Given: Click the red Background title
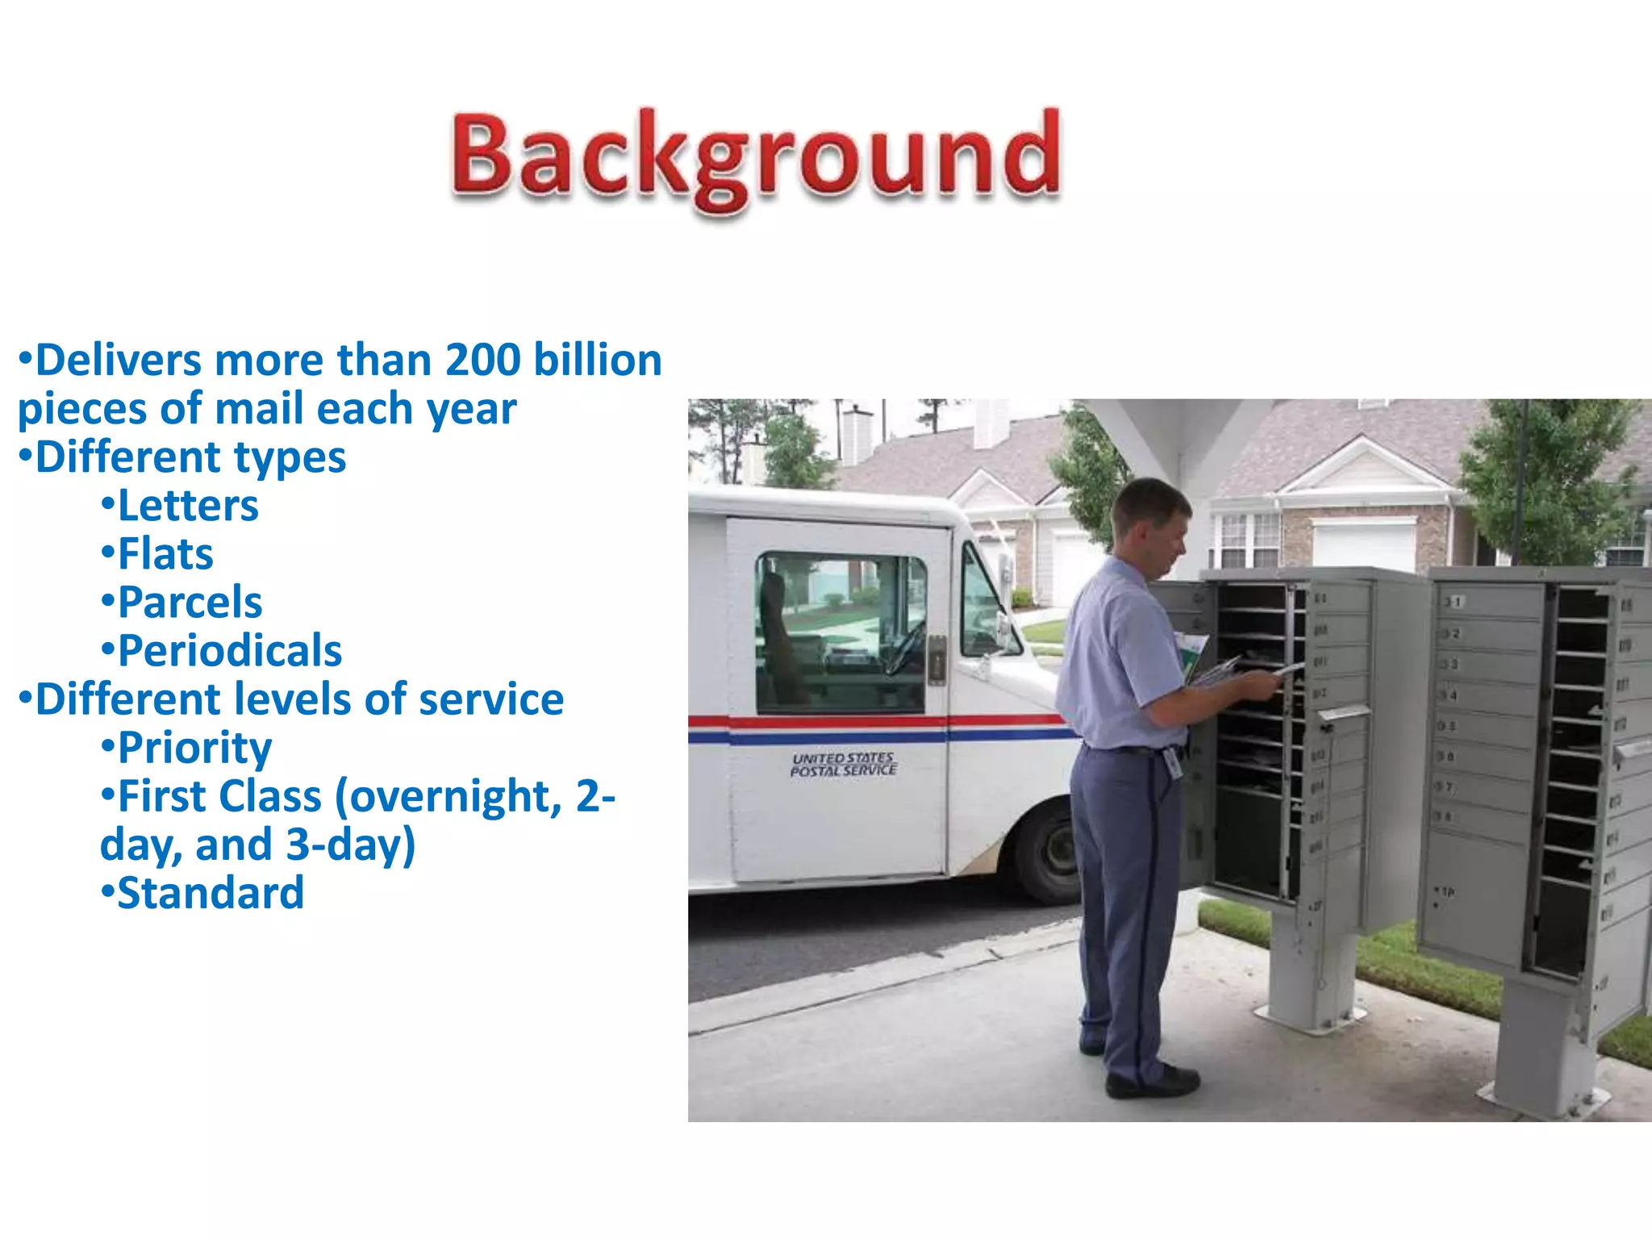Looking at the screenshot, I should click(755, 157).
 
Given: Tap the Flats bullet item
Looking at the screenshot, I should click(165, 554).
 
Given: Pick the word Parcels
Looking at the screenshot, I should click(190, 603).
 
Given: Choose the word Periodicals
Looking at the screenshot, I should click(230, 651).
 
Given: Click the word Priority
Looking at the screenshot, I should click(194, 748).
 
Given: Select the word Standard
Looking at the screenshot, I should click(211, 893).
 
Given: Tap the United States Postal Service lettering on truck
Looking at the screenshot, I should click(843, 764).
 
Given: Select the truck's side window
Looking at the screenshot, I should click(839, 633).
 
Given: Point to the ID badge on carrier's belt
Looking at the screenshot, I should click(1173, 762).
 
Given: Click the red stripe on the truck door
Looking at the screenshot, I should click(839, 721).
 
